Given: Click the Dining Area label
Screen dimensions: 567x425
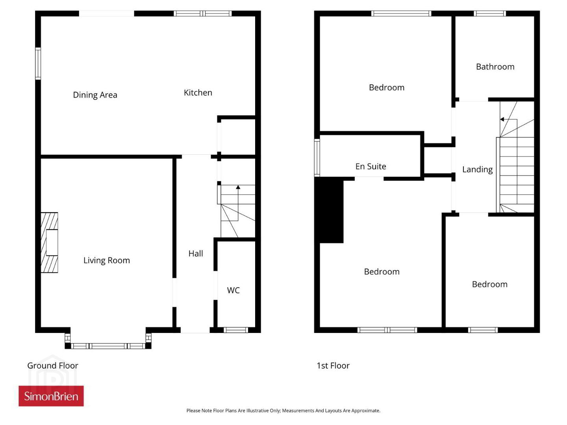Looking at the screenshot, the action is pos(95,95).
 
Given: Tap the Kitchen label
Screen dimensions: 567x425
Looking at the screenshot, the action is pos(198,92).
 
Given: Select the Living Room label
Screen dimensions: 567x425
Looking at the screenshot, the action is pos(106,261).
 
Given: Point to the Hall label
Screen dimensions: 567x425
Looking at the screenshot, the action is pos(196,253).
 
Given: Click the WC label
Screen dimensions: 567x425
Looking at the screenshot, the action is pos(233,290).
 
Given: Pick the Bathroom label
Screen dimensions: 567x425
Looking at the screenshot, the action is pos(495,67).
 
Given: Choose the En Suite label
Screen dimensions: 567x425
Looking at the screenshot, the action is pos(371,166).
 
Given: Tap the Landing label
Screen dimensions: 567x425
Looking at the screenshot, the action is pos(477,170).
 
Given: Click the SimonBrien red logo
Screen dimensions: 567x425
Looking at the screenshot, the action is pos(51,396).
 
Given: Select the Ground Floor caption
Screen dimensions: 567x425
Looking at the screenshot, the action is pos(53,366).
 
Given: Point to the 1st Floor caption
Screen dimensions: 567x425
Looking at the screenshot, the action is pos(333,366).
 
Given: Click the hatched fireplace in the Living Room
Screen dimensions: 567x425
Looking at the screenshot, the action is pos(49,242).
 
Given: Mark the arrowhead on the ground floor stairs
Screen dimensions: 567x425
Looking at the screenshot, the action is pos(238,187).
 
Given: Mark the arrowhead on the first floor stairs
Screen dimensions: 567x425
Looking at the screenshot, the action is pos(502,119).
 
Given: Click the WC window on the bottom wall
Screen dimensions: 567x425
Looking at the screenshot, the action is pos(235,330).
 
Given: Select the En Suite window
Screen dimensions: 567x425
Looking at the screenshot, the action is pos(317,158).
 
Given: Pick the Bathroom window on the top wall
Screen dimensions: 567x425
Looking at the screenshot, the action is pos(489,13).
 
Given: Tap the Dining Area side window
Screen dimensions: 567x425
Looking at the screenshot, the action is pos(38,63).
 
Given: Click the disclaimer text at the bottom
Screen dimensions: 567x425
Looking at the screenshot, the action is pos(283,410).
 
